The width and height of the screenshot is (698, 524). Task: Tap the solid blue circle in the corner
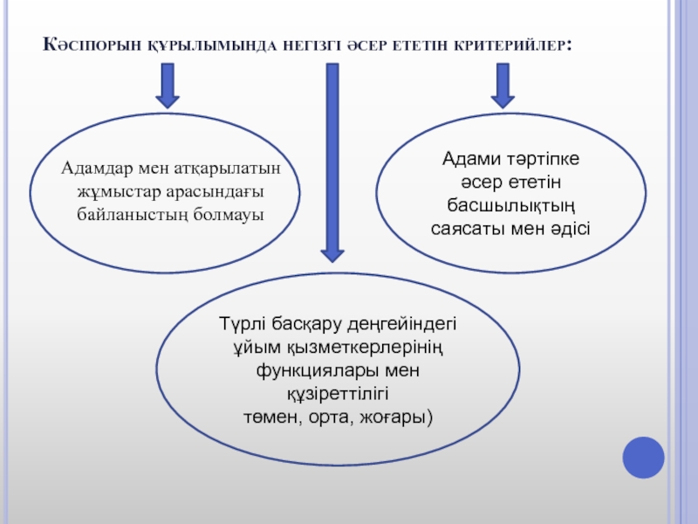[x=644, y=457]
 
